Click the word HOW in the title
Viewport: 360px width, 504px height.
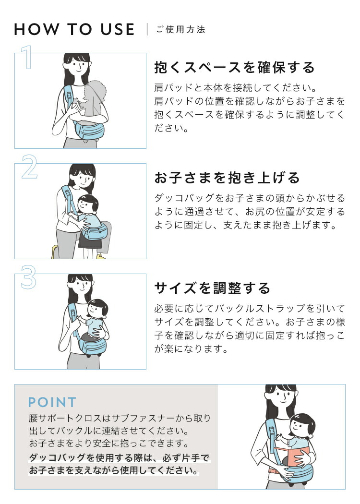36,30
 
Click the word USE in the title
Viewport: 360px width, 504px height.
118,30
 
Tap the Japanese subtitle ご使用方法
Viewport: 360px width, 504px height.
180,30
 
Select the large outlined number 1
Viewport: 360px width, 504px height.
27,57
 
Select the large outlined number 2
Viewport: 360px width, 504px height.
29,167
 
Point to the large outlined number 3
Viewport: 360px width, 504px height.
29,277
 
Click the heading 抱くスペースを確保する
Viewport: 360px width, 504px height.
234,68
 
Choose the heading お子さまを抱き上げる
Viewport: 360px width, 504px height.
227,178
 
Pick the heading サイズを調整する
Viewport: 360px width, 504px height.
213,288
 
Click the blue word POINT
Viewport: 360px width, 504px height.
52,402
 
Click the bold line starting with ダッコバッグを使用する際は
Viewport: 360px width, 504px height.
119,458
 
